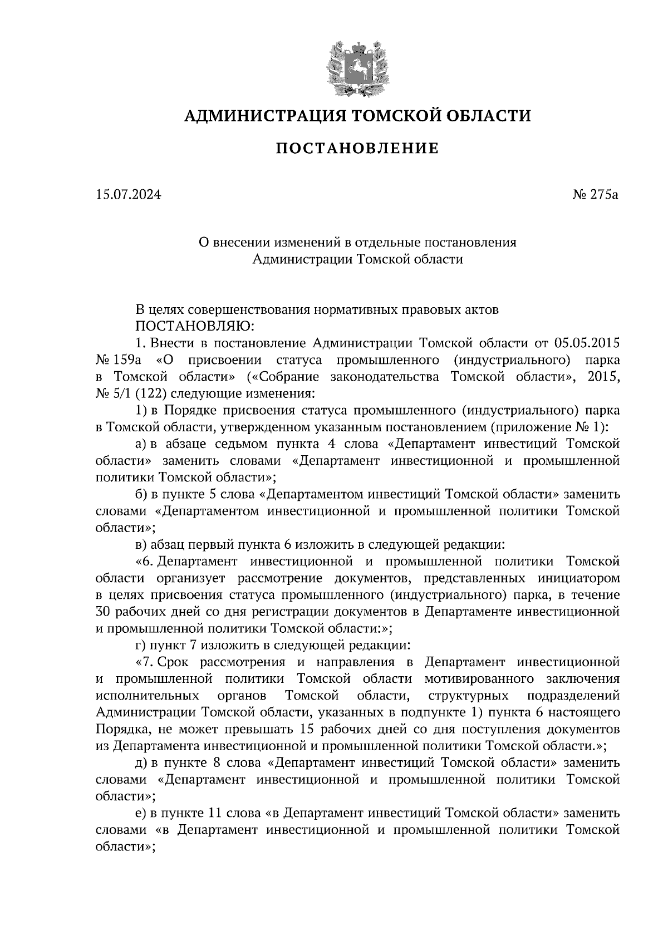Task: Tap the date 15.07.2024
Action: point(128,195)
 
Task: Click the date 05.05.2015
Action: point(587,342)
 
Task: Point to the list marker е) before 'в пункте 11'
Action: point(141,814)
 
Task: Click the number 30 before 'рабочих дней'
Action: point(104,612)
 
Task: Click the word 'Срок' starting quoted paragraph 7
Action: point(176,662)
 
